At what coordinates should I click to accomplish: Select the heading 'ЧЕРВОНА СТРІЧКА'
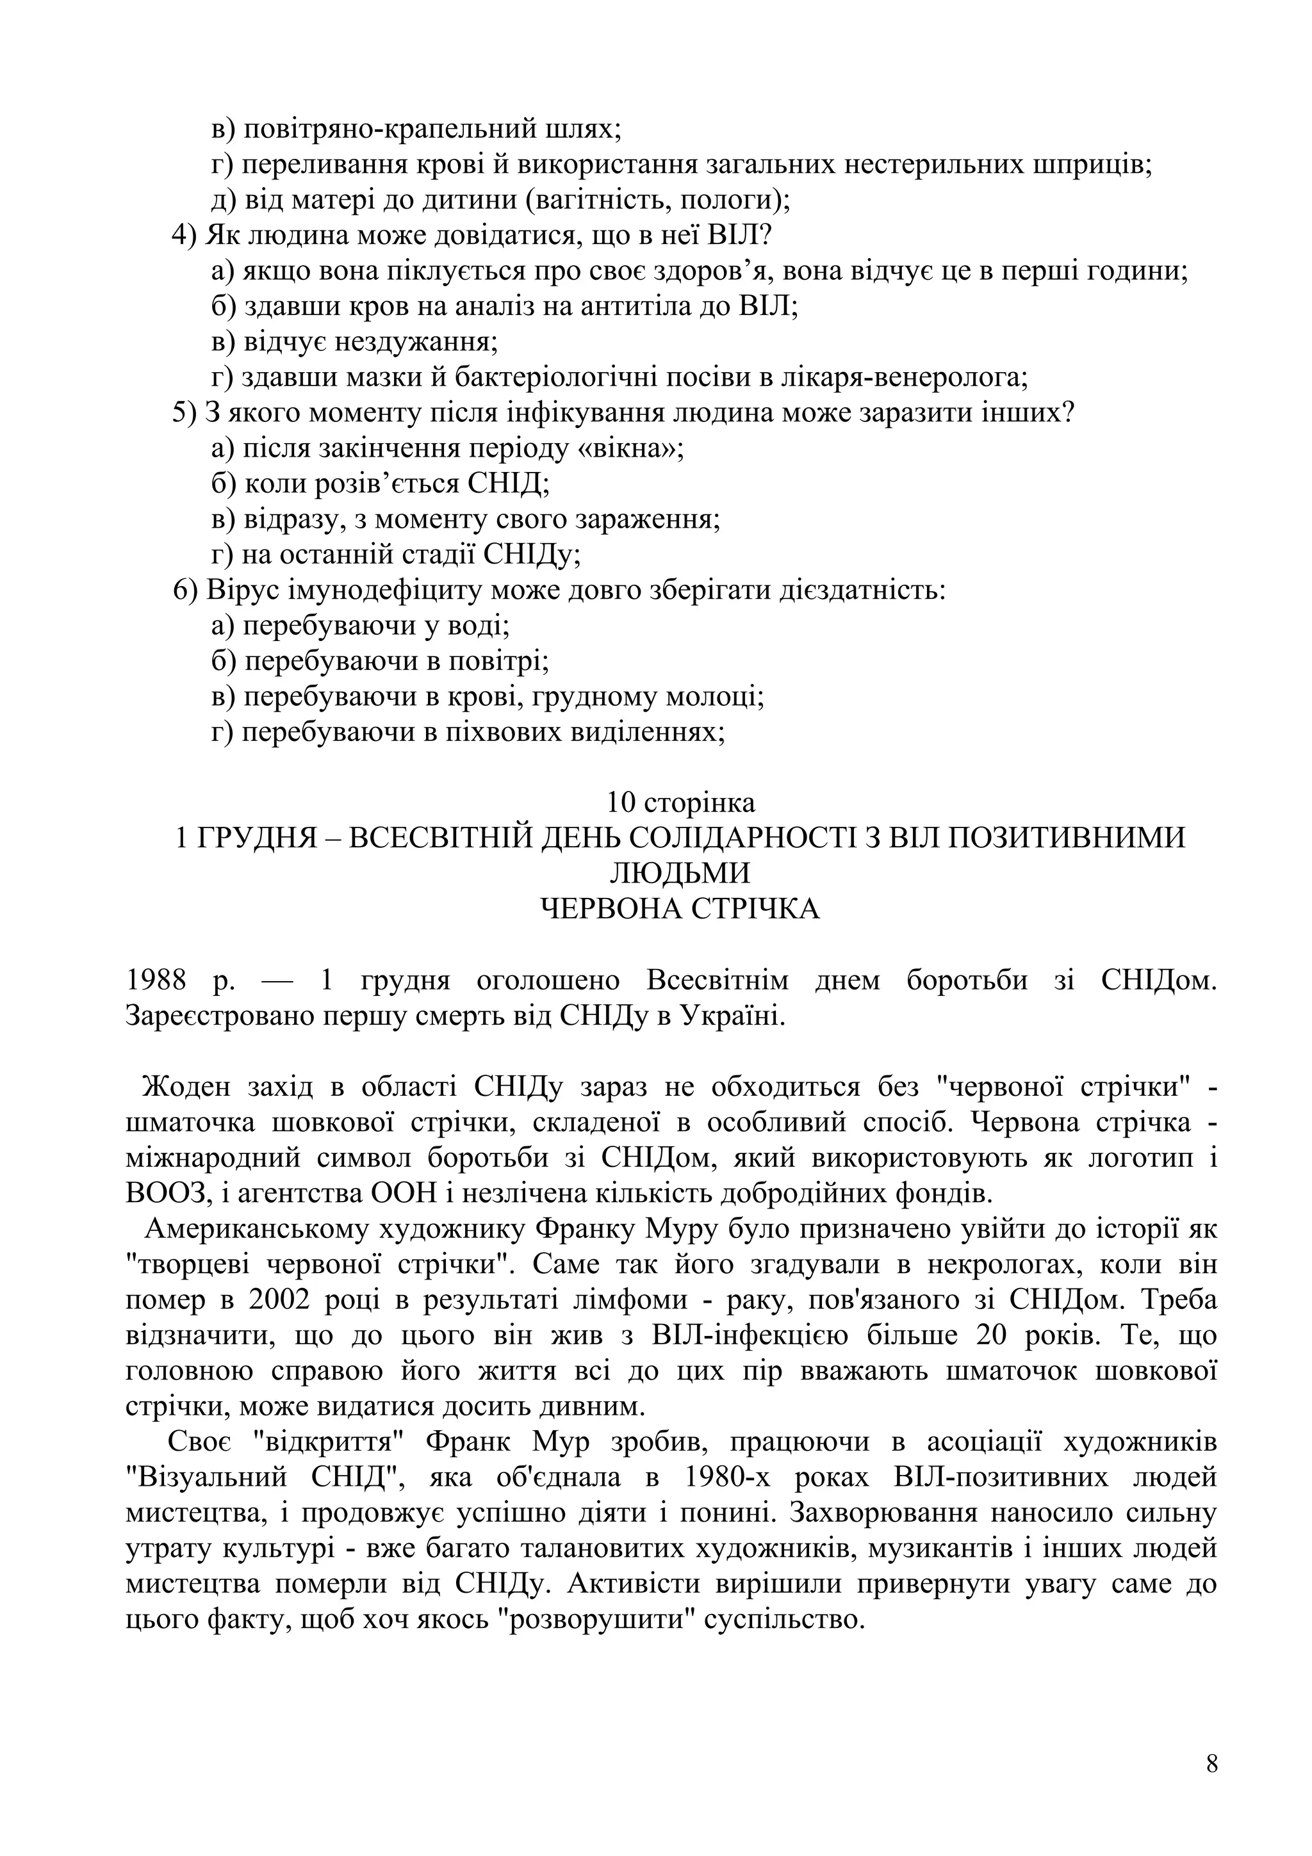pos(680,909)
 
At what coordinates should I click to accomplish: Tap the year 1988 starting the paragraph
pos(156,981)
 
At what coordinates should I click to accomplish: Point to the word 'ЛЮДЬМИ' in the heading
pos(680,873)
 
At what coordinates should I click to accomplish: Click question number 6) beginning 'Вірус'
pos(185,590)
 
